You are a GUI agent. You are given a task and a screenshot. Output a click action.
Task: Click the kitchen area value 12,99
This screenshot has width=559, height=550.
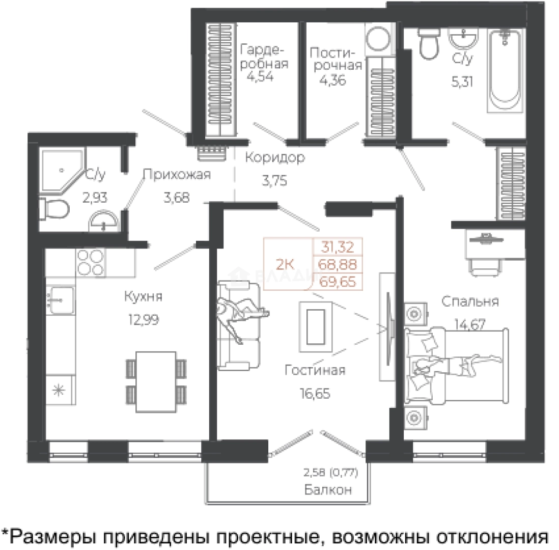pyautogui.click(x=141, y=320)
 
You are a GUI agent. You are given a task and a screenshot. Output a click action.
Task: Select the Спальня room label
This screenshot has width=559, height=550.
pyautogui.click(x=470, y=301)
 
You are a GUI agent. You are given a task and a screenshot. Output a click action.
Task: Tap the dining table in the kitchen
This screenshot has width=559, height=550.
pyautogui.click(x=155, y=381)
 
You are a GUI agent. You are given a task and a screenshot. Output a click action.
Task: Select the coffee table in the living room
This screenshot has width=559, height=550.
pyautogui.click(x=316, y=326)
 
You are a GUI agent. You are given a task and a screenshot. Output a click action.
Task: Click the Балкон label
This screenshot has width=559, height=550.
pyautogui.click(x=328, y=490)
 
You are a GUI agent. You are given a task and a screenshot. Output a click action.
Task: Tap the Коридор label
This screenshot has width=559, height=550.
pyautogui.click(x=275, y=157)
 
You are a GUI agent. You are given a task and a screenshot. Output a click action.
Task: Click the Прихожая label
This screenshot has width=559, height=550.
pyautogui.click(x=176, y=175)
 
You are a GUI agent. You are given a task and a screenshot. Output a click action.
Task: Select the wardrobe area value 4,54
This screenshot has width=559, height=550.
pyautogui.click(x=261, y=77)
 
